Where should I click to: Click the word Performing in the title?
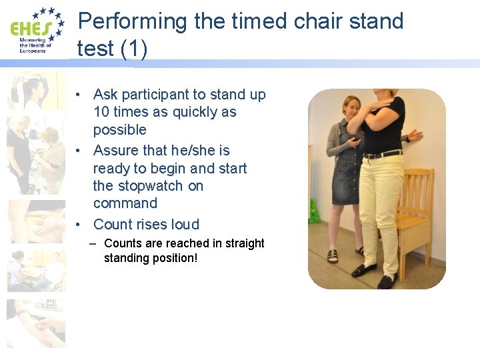[133, 21]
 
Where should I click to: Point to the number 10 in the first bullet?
[102, 112]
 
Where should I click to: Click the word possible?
[119, 129]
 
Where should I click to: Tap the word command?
[125, 203]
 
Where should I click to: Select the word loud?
[185, 225]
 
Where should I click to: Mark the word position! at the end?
[175, 258]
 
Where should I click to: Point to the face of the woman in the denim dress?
[351, 106]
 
